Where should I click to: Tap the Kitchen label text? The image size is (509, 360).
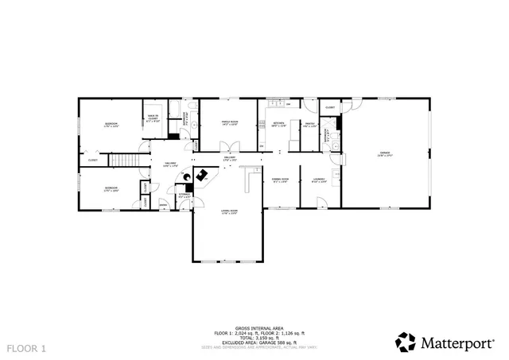tap(278, 124)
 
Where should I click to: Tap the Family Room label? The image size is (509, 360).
tap(230, 122)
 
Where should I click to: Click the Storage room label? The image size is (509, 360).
tap(185, 195)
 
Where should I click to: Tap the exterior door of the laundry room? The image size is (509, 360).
tap(321, 204)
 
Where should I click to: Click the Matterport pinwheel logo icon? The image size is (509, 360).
tap(406, 342)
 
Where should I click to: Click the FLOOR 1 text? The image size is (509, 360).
tap(27, 348)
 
